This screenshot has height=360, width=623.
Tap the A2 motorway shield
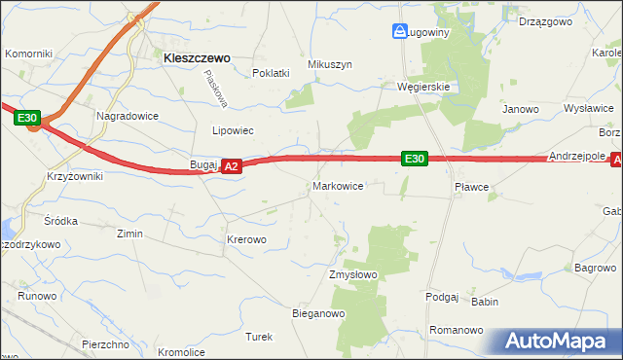point(231,167)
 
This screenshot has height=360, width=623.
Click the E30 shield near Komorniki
point(28,119)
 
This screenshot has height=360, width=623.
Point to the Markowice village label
point(338,186)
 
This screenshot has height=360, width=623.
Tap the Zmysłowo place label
point(352,275)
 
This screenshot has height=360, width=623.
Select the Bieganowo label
point(319,314)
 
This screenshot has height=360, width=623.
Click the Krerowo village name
point(246,239)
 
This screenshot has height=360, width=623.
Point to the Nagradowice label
point(127,115)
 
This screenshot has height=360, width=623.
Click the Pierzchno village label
point(106,344)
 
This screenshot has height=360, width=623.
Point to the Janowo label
point(520,110)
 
